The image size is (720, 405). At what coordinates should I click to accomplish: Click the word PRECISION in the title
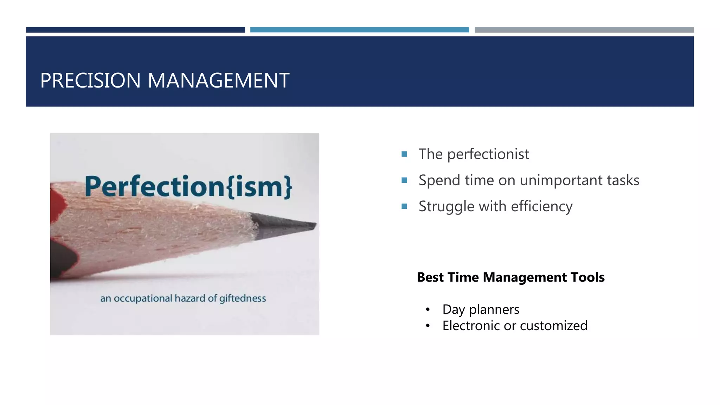click(x=90, y=81)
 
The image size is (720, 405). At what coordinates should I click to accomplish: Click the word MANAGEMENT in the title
click(x=218, y=81)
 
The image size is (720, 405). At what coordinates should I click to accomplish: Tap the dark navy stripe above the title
click(x=135, y=30)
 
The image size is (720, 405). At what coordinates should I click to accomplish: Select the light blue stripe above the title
click(x=359, y=30)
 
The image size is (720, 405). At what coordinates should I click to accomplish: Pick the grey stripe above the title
click(x=584, y=30)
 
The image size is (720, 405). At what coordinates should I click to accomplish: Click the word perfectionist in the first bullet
click(x=488, y=154)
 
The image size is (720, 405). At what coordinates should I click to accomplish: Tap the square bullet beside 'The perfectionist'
click(x=404, y=154)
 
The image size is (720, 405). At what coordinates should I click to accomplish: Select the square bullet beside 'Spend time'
click(x=404, y=180)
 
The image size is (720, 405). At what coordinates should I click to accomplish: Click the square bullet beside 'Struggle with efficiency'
click(x=404, y=206)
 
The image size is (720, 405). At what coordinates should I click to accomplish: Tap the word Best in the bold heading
click(x=430, y=277)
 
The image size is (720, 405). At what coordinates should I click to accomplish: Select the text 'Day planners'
click(x=481, y=310)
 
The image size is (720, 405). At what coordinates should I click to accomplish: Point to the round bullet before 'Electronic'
click(x=427, y=326)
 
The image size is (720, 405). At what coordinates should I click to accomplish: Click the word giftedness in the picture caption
click(x=243, y=298)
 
